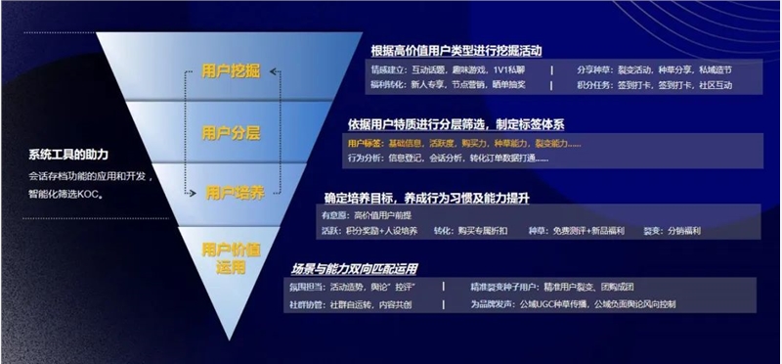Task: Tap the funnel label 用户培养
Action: click(233, 192)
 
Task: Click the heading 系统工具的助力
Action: click(68, 156)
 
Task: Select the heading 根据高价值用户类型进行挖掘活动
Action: click(456, 50)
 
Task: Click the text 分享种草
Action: click(594, 70)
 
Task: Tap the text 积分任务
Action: click(594, 85)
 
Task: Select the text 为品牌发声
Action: click(492, 303)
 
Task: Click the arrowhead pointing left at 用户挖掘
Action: click(275, 71)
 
